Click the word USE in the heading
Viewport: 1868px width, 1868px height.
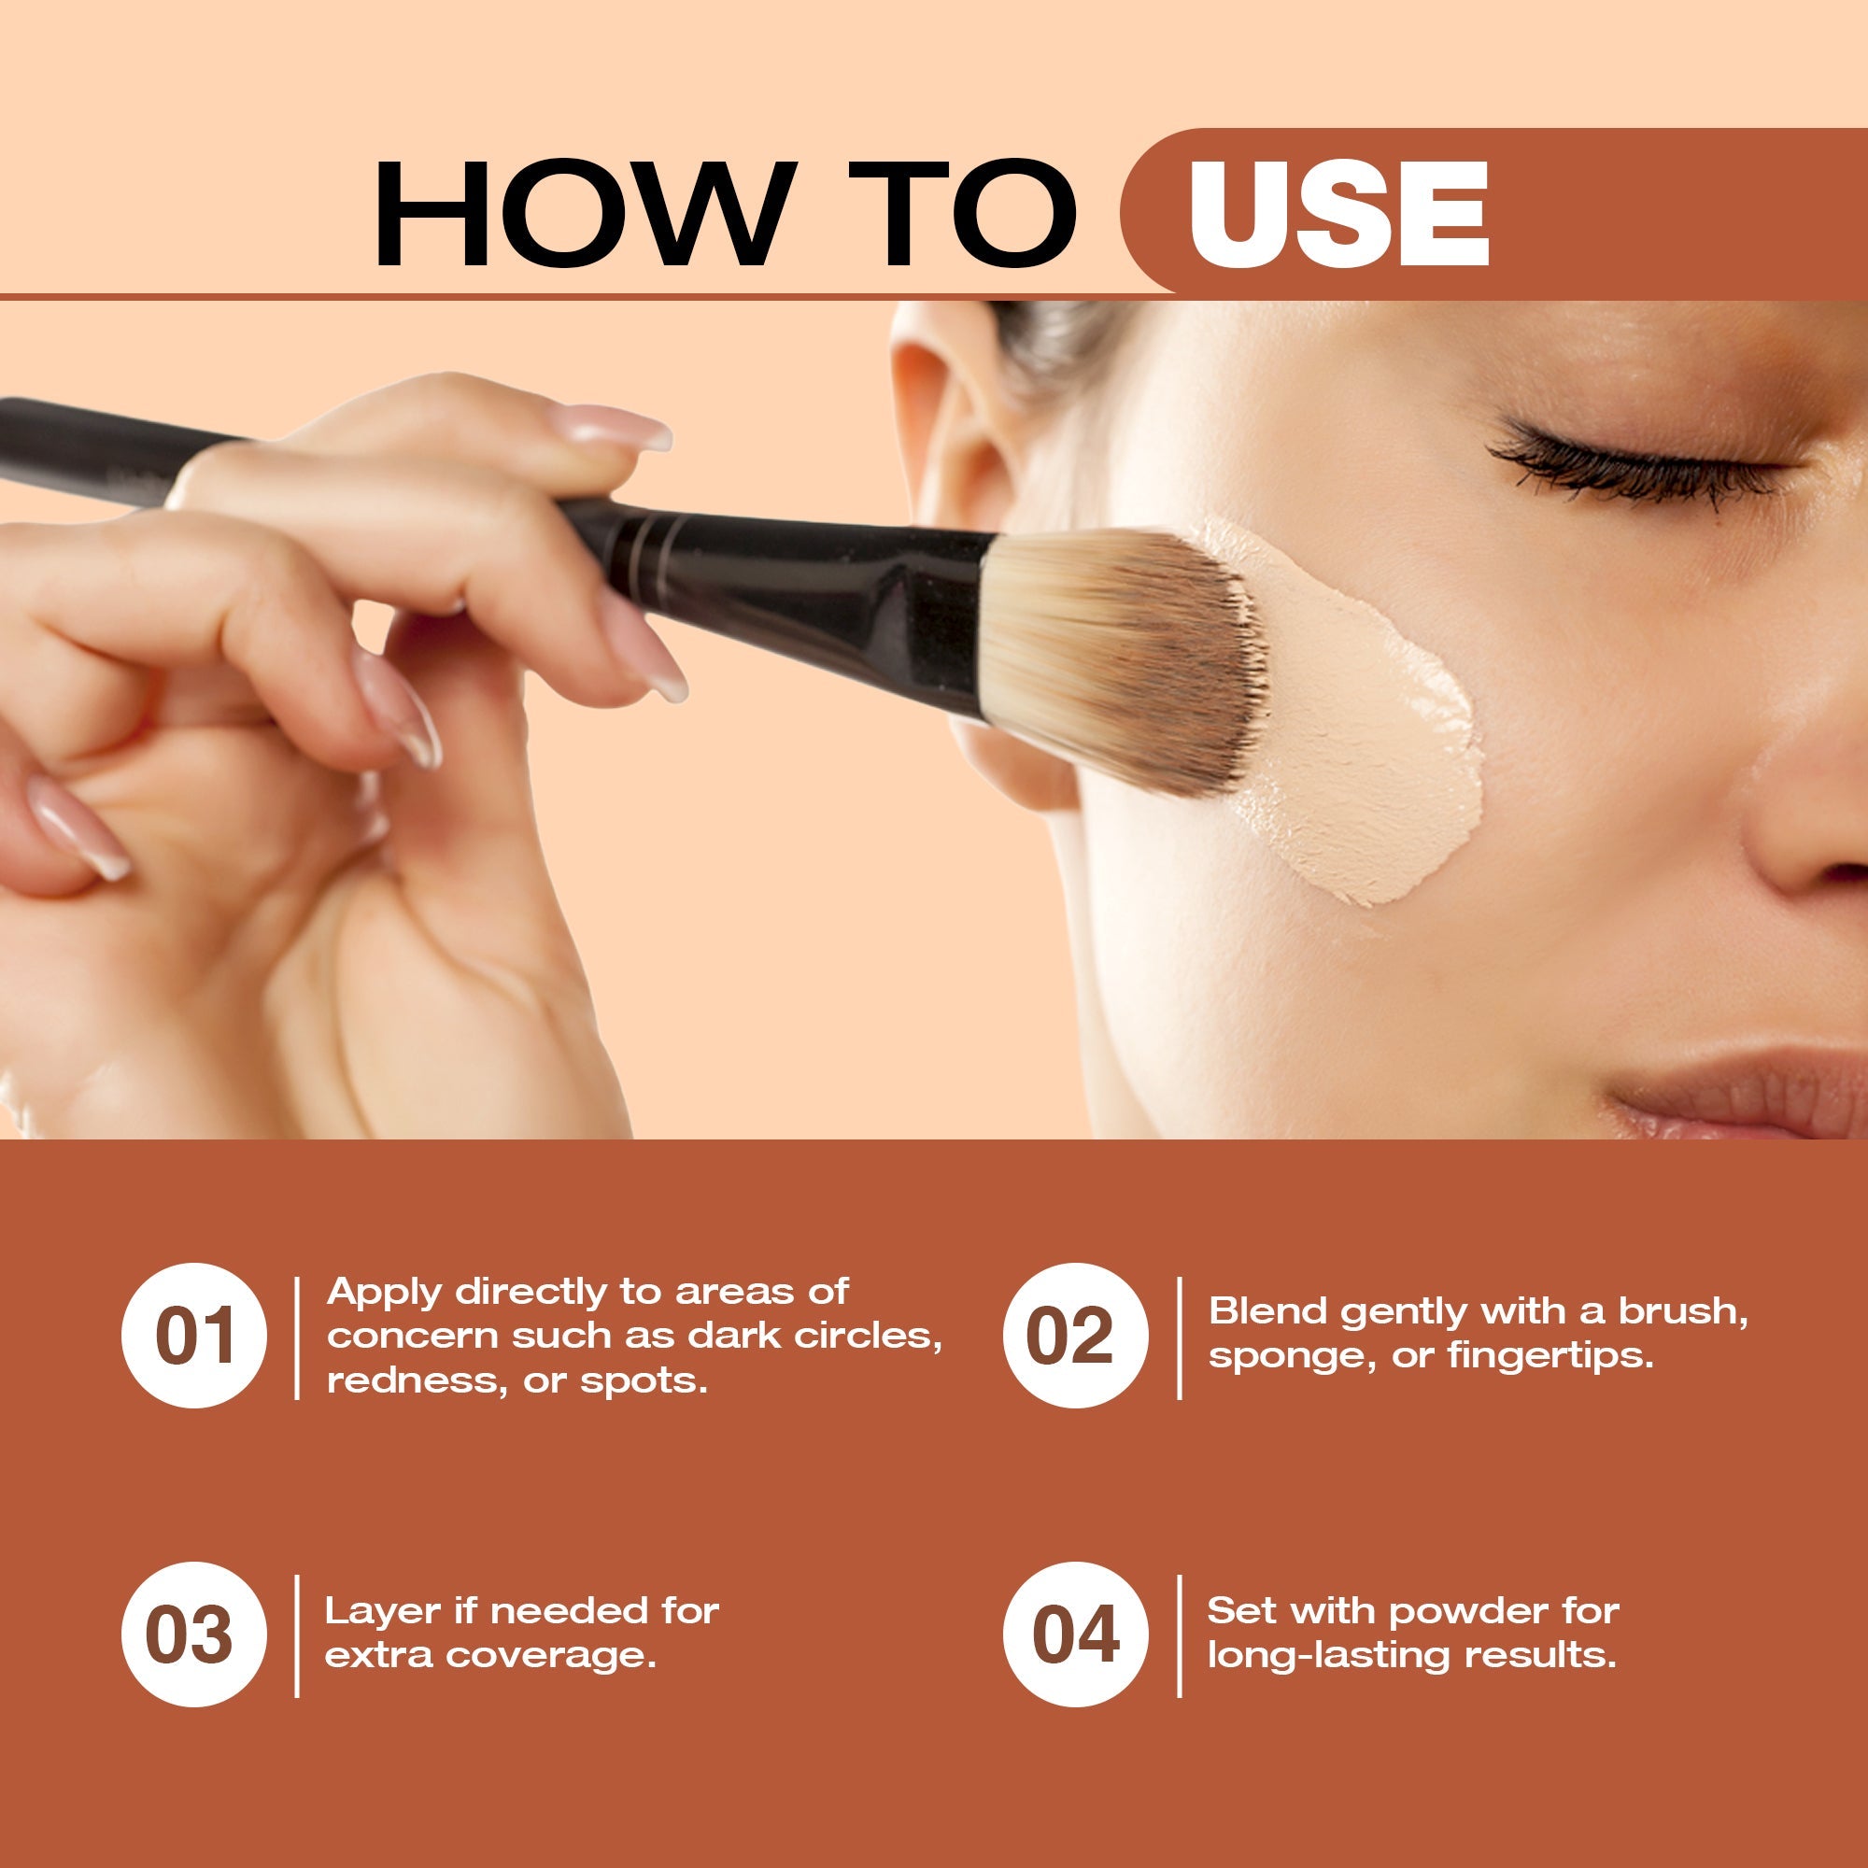(x=1338, y=214)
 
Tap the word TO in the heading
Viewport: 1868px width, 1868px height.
(x=962, y=214)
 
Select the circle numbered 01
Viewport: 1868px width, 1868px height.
(x=193, y=1336)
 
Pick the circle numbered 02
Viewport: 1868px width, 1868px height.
(x=1075, y=1336)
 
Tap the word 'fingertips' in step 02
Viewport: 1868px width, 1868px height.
(x=1550, y=1355)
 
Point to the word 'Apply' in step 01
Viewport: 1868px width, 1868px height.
(x=384, y=1293)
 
